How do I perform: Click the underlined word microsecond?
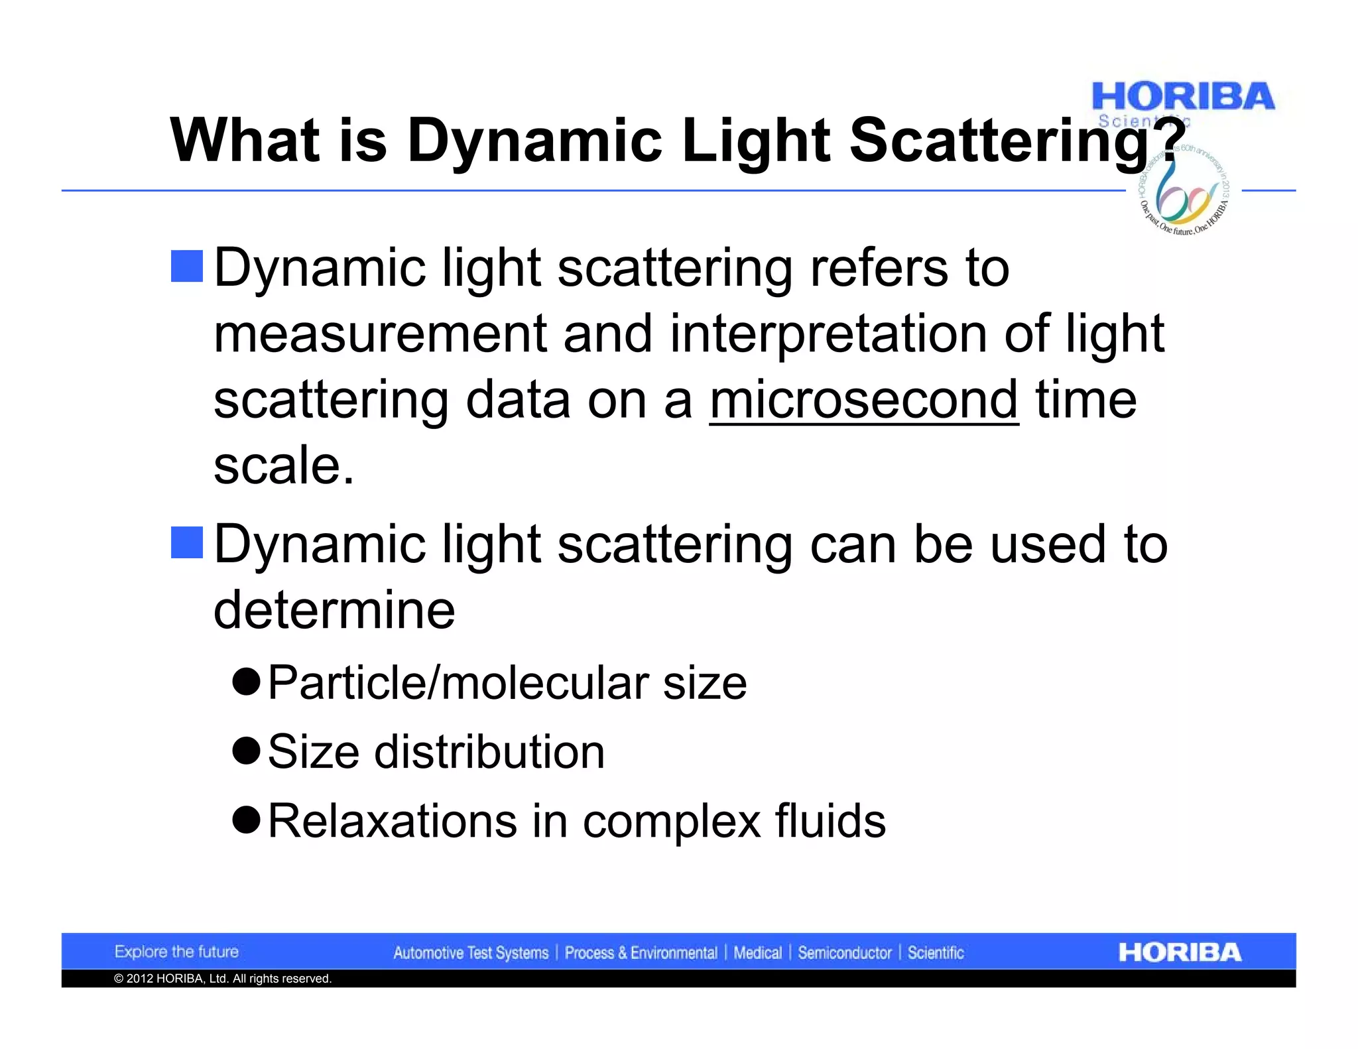coord(863,400)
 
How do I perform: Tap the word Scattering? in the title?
coord(1017,141)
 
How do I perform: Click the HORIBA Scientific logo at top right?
coord(1182,99)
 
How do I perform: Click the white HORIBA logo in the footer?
coord(1180,952)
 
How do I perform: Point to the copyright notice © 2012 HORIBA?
coord(222,979)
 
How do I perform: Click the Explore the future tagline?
coord(176,952)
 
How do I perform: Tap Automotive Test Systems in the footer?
coord(471,953)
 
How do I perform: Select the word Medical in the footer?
coord(757,953)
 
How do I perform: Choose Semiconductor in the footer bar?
coord(844,953)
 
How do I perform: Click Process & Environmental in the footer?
coord(641,953)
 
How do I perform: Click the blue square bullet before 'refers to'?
coord(186,267)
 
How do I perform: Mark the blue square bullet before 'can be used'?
coord(186,542)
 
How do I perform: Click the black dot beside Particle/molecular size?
coord(246,682)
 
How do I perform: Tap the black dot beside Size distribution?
coord(246,751)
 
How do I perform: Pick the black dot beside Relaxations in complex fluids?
coord(246,820)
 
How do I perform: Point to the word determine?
coord(334,609)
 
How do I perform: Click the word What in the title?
coord(245,141)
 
